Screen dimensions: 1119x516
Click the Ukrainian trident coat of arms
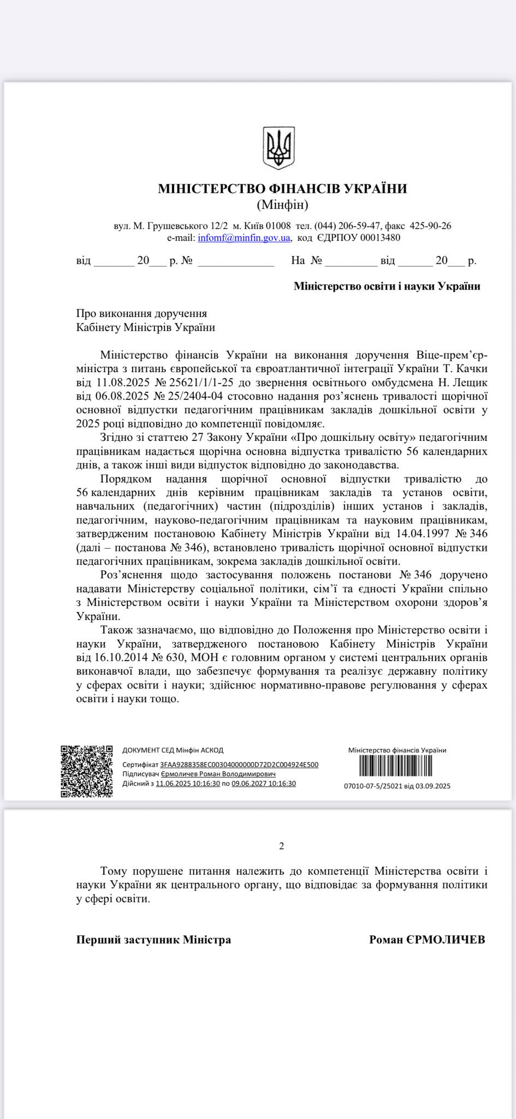tap(278, 148)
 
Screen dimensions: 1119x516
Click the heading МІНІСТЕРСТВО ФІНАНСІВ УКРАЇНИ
tap(282, 189)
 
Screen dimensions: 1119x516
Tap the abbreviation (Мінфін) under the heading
tap(282, 205)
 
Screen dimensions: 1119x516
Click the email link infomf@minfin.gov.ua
tap(244, 238)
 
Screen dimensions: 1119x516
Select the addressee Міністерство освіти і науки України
tap(387, 286)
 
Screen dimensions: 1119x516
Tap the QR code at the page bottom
tap(86, 771)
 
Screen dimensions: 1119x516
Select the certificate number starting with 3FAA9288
tap(239, 765)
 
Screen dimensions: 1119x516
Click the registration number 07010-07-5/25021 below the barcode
tap(373, 786)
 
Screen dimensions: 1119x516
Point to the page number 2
tap(282, 847)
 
